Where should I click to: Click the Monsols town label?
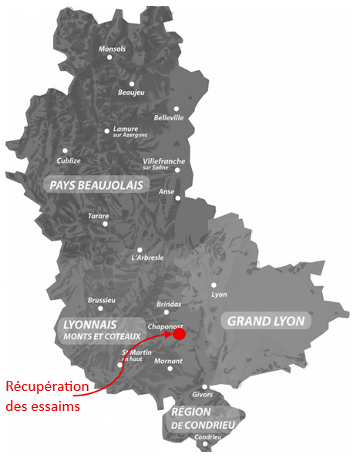point(113,49)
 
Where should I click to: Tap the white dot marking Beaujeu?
point(132,83)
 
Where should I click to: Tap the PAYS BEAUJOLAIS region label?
point(96,185)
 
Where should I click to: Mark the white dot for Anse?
point(178,198)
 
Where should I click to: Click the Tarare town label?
point(98,216)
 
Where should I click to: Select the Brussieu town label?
point(101,299)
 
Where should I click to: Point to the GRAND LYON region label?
point(265,321)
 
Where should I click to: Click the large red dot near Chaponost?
point(179,334)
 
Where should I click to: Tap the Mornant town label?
point(168,360)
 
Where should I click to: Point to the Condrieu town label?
point(207,438)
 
